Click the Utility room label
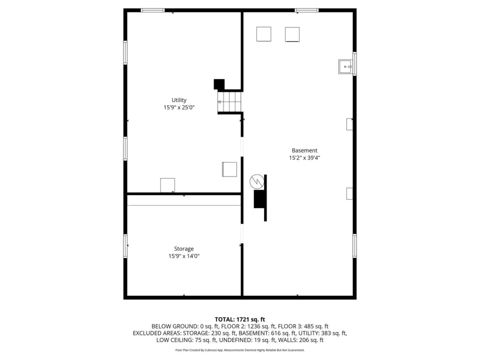[x=179, y=100]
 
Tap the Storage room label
[x=183, y=249]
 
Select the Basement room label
[x=304, y=150]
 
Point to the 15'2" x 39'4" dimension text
[x=304, y=157]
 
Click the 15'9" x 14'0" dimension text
[x=183, y=256]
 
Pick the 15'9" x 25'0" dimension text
[x=179, y=107]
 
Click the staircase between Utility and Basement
[x=229, y=102]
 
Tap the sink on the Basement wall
[x=345, y=66]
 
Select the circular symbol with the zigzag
[x=257, y=181]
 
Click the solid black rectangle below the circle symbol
[x=259, y=199]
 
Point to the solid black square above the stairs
[x=219, y=84]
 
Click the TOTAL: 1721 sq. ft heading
[x=239, y=319]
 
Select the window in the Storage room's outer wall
[x=125, y=246]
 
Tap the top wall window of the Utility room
[x=152, y=10]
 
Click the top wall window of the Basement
[x=306, y=10]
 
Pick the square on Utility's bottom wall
[x=167, y=185]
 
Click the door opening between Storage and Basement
[x=242, y=234]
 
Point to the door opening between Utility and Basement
[x=242, y=146]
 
